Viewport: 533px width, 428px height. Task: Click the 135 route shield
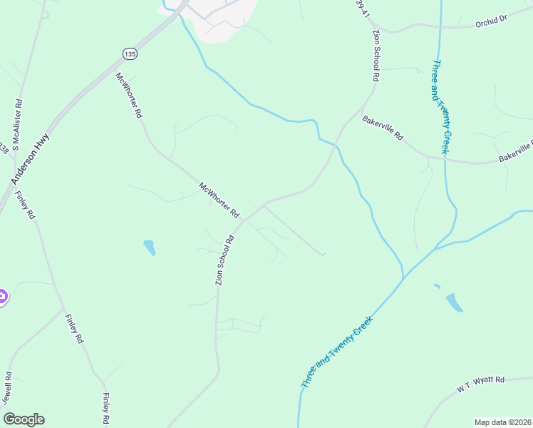(129, 53)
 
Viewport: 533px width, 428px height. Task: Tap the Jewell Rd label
(7, 388)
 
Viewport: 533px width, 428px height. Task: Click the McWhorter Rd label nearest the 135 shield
(130, 96)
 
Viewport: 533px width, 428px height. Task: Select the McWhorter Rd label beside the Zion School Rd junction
(219, 200)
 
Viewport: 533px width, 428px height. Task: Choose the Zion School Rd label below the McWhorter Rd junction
(225, 261)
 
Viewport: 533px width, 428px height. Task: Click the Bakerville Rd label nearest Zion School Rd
(383, 128)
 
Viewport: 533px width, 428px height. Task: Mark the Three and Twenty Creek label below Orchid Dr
(440, 106)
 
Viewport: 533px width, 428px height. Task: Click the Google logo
(24, 419)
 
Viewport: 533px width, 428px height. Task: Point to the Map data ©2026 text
(502, 422)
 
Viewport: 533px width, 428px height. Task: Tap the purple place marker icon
(2, 296)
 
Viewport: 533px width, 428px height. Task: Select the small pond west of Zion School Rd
(150, 248)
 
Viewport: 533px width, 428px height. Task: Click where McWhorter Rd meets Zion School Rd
(244, 220)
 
